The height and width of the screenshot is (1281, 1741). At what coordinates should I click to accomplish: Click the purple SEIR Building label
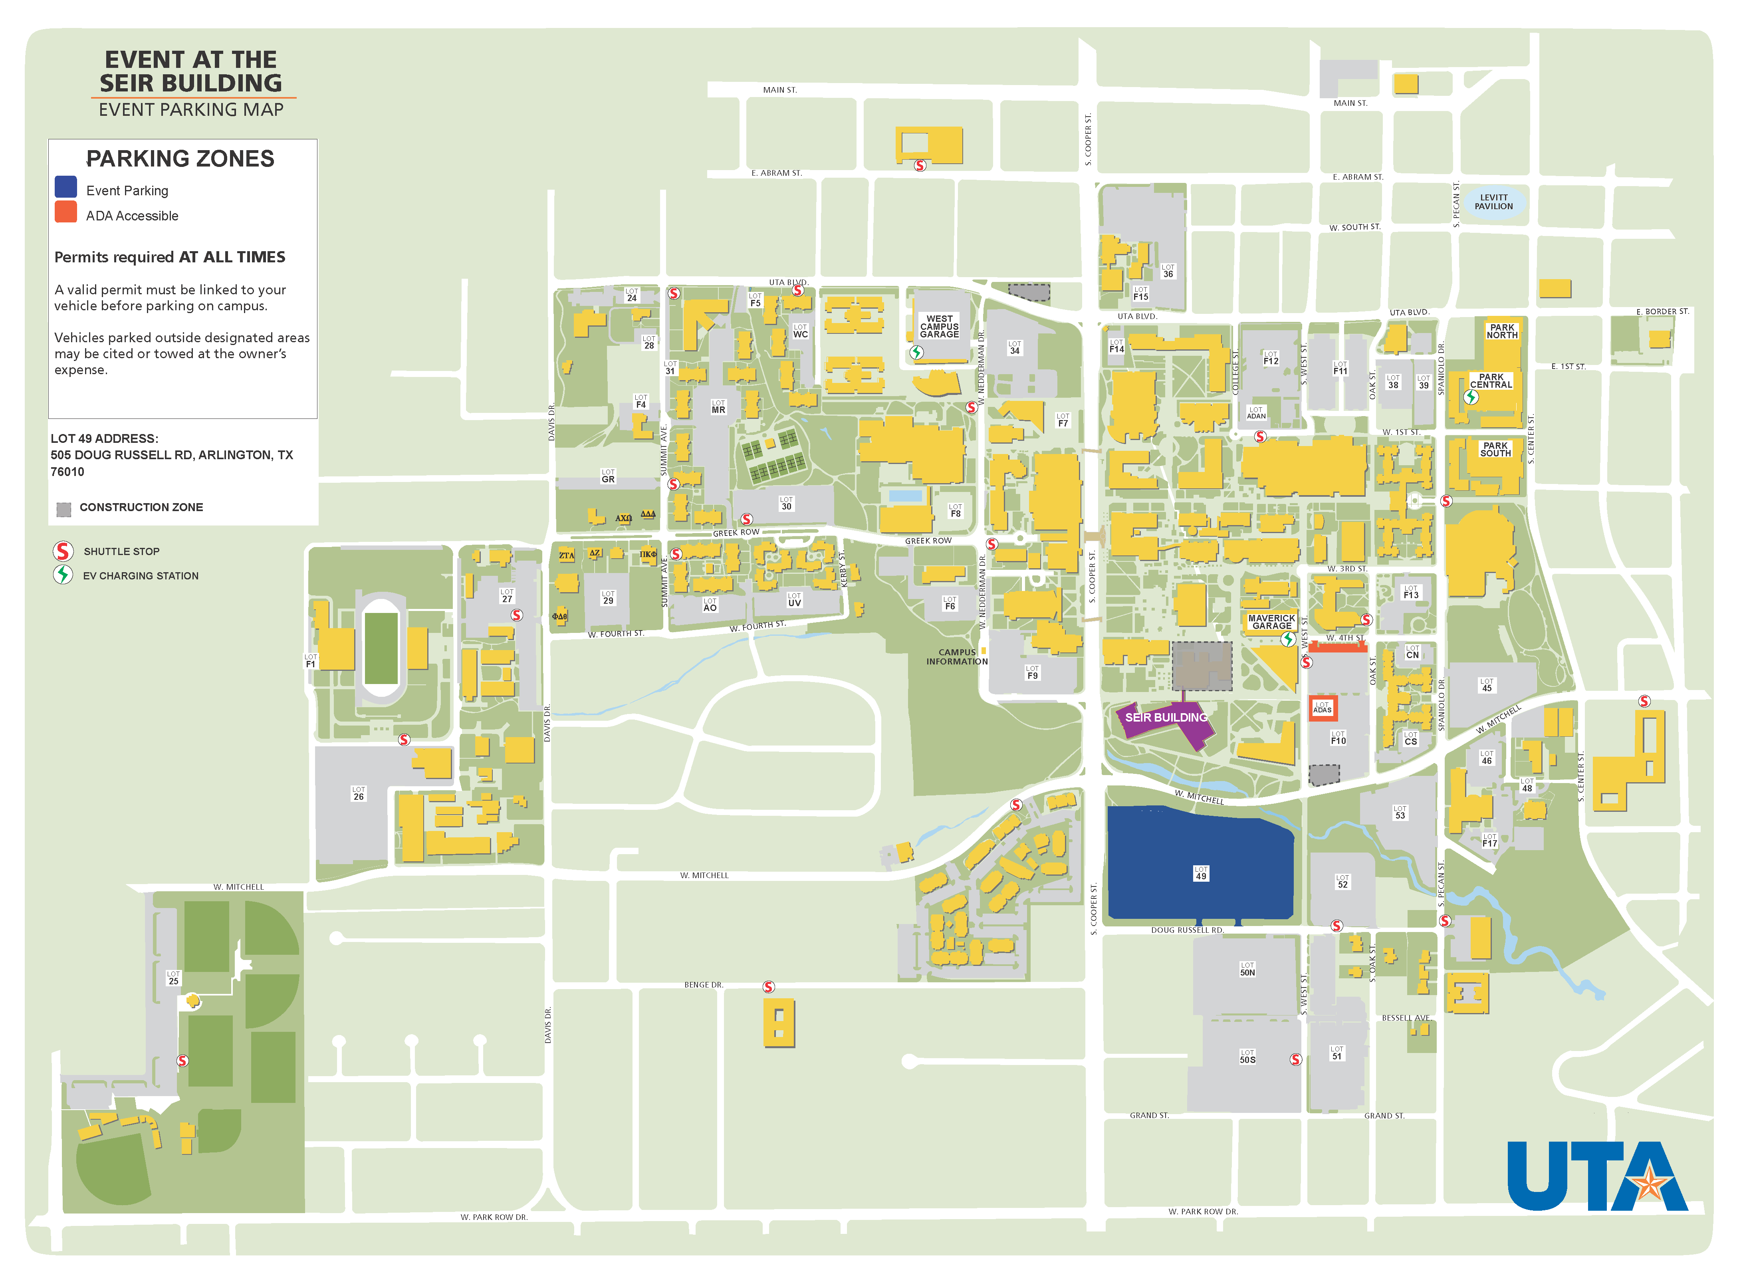point(1166,717)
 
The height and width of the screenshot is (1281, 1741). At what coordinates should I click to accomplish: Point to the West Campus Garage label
point(939,327)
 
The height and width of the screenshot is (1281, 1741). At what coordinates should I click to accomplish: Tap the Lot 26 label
point(358,793)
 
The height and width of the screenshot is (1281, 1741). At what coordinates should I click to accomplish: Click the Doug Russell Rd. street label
point(1186,930)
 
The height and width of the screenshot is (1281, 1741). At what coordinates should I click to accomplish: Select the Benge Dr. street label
point(703,985)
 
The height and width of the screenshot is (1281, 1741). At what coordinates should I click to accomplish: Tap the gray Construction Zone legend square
point(63,509)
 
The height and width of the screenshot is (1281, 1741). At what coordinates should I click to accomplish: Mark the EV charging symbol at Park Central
point(1470,397)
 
